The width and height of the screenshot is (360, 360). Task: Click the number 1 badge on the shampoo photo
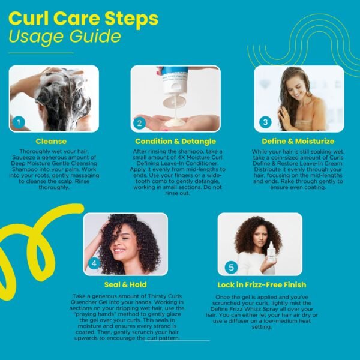(x=19, y=122)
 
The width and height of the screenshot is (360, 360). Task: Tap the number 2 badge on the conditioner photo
(x=139, y=123)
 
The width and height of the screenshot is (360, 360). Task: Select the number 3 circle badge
(x=265, y=122)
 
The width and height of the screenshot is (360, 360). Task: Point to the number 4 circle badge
(x=94, y=263)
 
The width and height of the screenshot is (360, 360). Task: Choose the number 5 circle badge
(x=231, y=267)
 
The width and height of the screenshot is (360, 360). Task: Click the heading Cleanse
(x=51, y=141)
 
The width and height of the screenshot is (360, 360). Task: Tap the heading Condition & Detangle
(x=175, y=141)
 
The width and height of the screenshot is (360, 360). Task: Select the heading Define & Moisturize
(x=298, y=141)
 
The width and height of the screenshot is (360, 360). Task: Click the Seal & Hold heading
(x=125, y=284)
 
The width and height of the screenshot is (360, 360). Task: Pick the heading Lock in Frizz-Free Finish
(x=262, y=284)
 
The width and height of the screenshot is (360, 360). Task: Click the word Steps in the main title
(x=131, y=19)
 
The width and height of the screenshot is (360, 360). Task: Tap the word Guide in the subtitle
(x=95, y=37)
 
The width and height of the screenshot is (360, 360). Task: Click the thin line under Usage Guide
(x=41, y=53)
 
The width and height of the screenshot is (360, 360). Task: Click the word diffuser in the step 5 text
(x=234, y=321)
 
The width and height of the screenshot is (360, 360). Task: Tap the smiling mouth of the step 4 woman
(x=119, y=250)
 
